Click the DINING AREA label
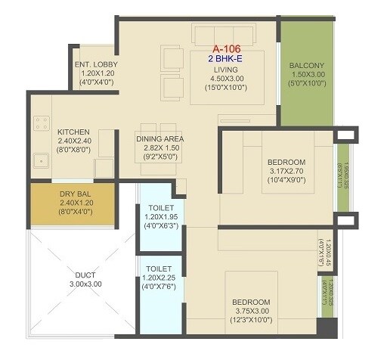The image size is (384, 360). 160,139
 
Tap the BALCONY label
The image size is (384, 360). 306,65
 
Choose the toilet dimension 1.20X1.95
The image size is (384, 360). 161,216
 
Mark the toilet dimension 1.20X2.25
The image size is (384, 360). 160,278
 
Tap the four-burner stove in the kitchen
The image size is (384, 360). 40,123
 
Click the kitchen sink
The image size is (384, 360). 39,160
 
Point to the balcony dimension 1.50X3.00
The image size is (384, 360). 306,75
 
